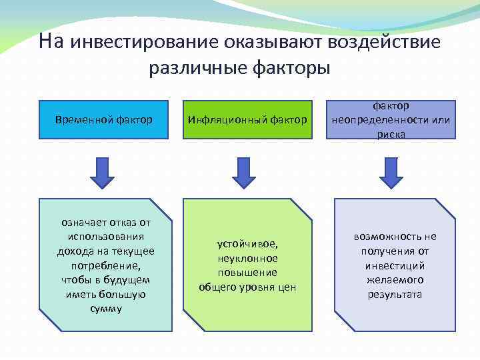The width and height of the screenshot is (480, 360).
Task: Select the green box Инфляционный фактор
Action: pyautogui.click(x=247, y=119)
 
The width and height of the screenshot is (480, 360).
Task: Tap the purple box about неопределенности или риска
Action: pyautogui.click(x=391, y=119)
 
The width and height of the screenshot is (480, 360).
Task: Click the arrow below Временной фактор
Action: pyautogui.click(x=102, y=171)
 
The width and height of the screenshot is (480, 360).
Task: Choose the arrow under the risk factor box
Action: pyautogui.click(x=391, y=171)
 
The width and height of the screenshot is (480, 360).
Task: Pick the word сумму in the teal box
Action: pyautogui.click(x=105, y=309)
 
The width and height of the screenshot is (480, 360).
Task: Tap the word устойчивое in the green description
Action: pyautogui.click(x=247, y=243)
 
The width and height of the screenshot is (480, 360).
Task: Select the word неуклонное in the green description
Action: pyautogui.click(x=247, y=258)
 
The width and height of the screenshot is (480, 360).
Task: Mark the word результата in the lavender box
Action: pyautogui.click(x=395, y=294)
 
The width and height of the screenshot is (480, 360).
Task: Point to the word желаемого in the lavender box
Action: pyautogui.click(x=395, y=280)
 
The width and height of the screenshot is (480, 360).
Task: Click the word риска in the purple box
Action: pyautogui.click(x=391, y=134)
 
